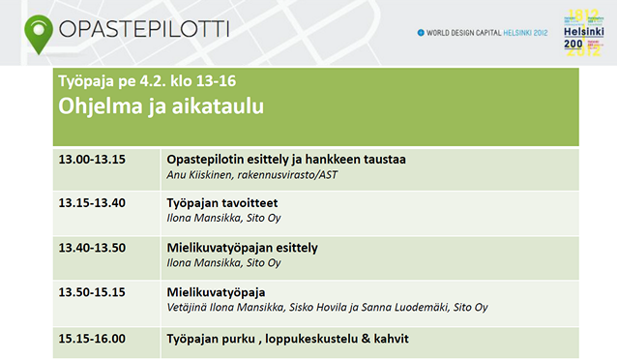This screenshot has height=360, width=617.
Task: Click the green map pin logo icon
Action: point(39,34)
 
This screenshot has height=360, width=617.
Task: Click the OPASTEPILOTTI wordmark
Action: point(144,29)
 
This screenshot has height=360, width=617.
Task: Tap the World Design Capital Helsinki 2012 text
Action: point(483,33)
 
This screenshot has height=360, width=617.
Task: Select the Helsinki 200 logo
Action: point(583,33)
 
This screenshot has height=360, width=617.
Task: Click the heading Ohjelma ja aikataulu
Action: point(161,105)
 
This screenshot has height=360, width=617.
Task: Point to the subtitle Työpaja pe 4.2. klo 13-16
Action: point(147,80)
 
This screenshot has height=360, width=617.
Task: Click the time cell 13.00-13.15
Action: point(92,160)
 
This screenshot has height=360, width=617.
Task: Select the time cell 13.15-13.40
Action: point(92,203)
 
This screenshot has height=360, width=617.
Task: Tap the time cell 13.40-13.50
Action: point(92,248)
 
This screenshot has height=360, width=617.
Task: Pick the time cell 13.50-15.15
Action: point(92,292)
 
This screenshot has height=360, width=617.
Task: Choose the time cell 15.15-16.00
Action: point(92,339)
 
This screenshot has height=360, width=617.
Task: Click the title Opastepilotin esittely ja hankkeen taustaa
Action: point(286,160)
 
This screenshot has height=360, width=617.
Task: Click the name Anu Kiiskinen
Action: point(199,175)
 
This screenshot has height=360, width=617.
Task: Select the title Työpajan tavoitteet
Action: point(222,203)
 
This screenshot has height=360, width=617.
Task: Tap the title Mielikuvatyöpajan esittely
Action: point(243,248)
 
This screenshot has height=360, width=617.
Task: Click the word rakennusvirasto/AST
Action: point(287,175)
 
